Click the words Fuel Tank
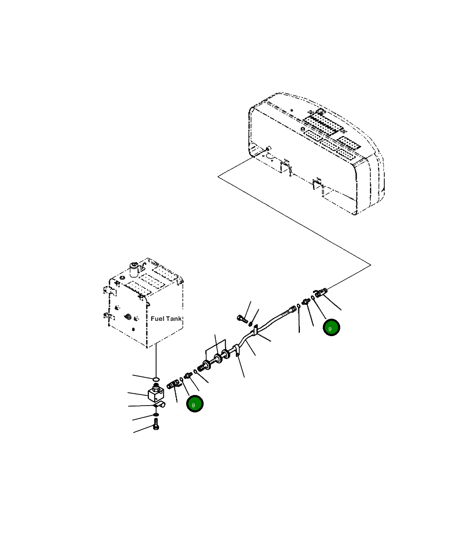pos(166,318)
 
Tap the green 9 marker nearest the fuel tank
pos(195,404)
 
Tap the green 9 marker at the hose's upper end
pos(331,328)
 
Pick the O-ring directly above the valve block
pos(156,378)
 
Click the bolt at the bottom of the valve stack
pos(156,425)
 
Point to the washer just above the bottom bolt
pos(156,414)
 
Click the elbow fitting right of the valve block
pos(174,384)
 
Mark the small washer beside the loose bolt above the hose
pos(251,324)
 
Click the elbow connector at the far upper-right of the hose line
pos(320,292)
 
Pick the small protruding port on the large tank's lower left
pos(268,148)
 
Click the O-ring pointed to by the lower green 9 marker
pos(181,378)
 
